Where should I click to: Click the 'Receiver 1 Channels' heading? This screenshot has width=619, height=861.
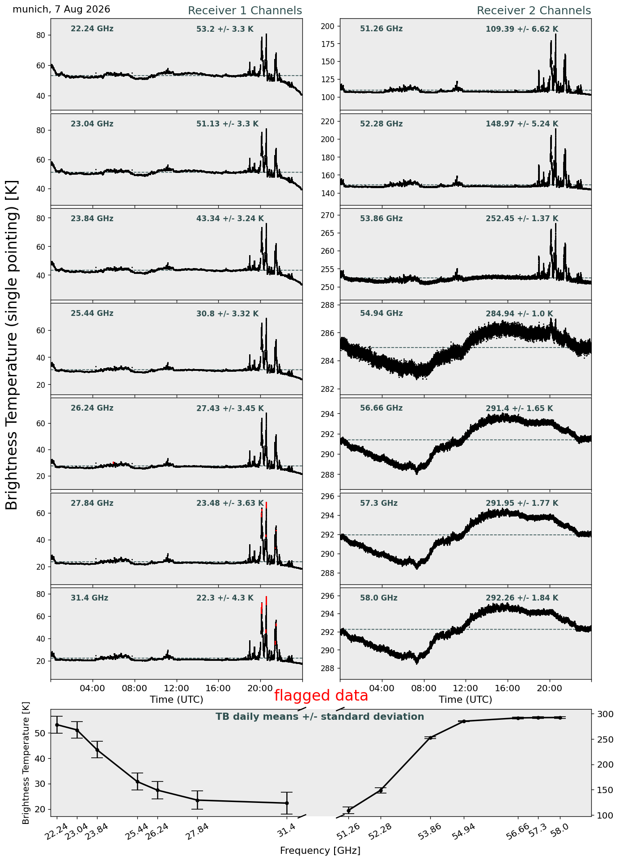click(245, 11)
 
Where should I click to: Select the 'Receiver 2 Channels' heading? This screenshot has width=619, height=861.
click(534, 11)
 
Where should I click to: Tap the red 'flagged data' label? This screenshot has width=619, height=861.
click(321, 695)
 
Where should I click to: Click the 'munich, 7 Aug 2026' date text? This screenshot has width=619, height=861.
click(61, 9)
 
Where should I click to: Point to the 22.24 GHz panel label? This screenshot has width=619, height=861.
click(92, 29)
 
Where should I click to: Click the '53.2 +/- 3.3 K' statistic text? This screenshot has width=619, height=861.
click(225, 29)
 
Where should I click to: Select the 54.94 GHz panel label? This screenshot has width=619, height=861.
click(381, 314)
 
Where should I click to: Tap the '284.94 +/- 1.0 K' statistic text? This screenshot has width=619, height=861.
click(519, 314)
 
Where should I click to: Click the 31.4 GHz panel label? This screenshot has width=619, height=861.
click(89, 598)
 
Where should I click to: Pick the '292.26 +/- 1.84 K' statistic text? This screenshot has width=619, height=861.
click(522, 598)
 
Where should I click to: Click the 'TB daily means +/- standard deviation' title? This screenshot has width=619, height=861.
click(320, 717)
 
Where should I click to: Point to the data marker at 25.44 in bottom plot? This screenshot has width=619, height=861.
click(137, 781)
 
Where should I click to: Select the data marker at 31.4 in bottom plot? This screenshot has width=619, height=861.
click(287, 803)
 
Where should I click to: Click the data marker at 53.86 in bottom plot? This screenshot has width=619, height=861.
click(430, 738)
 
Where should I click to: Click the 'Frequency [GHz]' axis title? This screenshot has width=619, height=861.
click(320, 850)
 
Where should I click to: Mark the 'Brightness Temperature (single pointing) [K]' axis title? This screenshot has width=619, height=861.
click(12, 345)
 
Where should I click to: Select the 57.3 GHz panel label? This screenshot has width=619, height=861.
click(379, 503)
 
